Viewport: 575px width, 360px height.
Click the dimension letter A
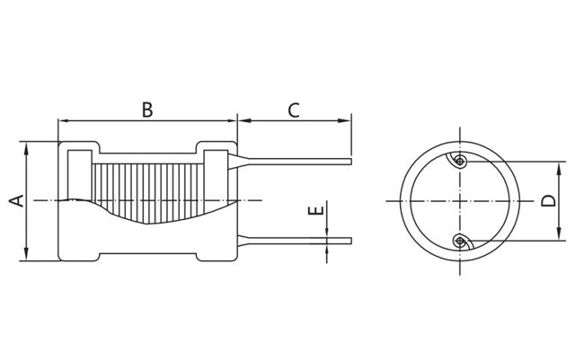click(x=15, y=199)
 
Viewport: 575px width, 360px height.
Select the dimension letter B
click(x=147, y=110)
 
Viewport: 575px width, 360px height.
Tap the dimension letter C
click(x=294, y=110)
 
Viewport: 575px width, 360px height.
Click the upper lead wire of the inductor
click(x=296, y=162)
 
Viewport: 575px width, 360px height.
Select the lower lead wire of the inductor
click(x=296, y=240)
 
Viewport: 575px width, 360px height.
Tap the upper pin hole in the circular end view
click(x=459, y=162)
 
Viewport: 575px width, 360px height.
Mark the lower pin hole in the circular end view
click(x=459, y=240)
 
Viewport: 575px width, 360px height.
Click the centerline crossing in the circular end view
click(x=459, y=200)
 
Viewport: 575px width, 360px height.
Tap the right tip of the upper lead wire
click(x=349, y=162)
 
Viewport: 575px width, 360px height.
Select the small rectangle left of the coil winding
click(x=79, y=175)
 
